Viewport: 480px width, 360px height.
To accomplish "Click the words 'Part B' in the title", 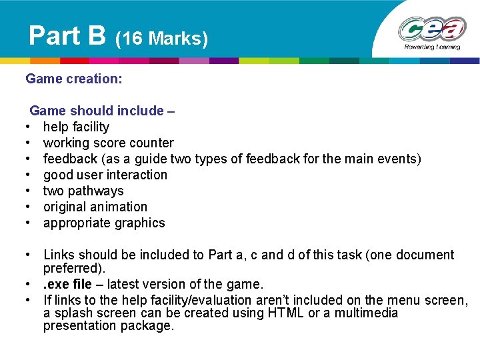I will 67,35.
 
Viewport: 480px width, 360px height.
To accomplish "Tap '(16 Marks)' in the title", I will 162,39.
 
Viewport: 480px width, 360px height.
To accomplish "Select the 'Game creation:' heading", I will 74,79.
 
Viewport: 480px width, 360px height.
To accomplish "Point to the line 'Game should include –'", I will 102,111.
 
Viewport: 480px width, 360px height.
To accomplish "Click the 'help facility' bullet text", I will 76,127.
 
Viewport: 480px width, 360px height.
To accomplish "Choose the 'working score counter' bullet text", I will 108,143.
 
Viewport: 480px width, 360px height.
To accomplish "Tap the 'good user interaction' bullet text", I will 105,175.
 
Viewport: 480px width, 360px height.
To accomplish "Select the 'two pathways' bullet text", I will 83,191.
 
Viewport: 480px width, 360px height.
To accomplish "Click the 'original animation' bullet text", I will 95,207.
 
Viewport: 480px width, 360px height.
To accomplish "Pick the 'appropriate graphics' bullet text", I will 104,223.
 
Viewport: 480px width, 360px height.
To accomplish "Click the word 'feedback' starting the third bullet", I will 70,159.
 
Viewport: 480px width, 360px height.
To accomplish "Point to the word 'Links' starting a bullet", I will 59,255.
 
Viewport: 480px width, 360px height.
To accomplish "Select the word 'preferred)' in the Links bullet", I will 73,268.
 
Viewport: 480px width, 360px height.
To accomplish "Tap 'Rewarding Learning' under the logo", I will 431,47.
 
